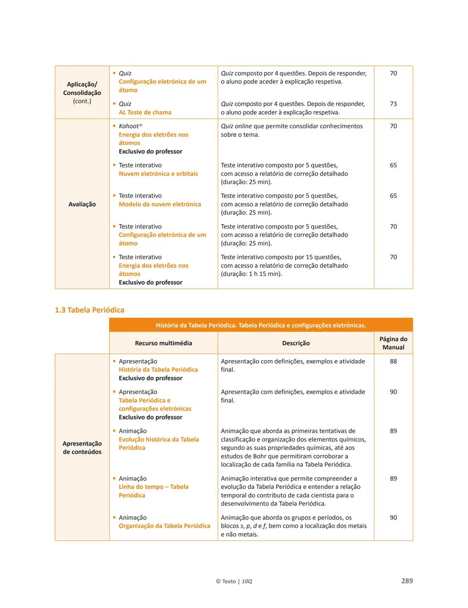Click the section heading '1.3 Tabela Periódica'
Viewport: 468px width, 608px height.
pos(89,310)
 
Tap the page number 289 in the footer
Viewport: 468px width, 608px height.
pos(407,581)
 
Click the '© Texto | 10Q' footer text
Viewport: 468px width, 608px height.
pos(234,581)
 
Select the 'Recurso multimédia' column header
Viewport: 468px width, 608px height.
pos(163,343)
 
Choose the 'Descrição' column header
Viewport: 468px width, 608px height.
pos(296,343)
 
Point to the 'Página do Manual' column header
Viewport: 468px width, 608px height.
pos(393,343)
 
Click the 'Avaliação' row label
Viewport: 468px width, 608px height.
pos(82,204)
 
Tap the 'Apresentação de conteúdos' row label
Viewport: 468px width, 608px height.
pos(82,447)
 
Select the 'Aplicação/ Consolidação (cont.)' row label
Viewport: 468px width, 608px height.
pos(82,93)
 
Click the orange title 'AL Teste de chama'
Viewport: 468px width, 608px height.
pos(145,113)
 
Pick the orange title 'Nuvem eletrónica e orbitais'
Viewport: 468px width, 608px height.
pos(158,174)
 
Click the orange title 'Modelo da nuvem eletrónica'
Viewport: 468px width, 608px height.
pos(160,204)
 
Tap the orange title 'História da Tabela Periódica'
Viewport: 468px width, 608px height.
pos(158,370)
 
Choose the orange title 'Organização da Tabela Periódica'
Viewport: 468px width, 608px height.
pos(164,526)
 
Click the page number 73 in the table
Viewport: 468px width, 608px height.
pos(393,104)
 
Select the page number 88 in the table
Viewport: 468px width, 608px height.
pos(393,361)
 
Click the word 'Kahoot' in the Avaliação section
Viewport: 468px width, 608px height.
pos(129,126)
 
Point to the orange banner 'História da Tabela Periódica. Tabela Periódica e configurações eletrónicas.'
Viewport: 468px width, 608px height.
pos(261,325)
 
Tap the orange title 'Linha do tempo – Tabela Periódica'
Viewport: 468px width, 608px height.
pos(153,491)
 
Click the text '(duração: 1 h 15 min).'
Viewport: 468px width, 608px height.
pos(251,274)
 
